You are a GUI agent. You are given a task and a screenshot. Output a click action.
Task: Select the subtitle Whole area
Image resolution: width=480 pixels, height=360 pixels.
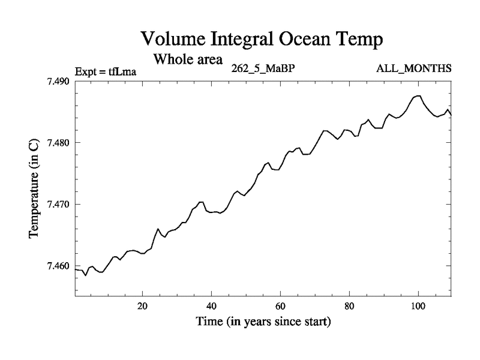(188, 59)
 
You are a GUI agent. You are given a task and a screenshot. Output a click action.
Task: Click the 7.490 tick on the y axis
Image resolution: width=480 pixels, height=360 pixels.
(59, 82)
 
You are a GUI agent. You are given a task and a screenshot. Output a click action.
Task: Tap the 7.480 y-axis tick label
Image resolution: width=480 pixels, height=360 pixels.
(59, 143)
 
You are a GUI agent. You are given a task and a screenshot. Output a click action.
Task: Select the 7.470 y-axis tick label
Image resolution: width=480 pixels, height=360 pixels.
(59, 205)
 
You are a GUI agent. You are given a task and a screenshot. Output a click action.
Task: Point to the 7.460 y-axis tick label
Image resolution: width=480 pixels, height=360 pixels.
(59, 266)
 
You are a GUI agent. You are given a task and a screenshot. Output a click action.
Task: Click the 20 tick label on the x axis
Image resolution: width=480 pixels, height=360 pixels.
(143, 306)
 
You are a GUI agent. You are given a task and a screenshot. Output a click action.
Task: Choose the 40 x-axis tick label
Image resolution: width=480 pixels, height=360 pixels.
(212, 306)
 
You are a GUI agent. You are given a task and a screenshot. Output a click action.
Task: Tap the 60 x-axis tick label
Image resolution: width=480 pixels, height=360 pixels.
(281, 306)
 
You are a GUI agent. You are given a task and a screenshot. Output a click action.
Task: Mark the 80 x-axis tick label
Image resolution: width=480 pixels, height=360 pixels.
(349, 306)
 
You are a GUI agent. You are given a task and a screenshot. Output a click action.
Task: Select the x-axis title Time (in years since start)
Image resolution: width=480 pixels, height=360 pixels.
(263, 322)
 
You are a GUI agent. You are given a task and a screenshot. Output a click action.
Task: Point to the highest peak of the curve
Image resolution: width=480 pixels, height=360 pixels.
(419, 95)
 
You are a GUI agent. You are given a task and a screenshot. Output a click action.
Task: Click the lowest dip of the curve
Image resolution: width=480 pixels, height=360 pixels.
(86, 275)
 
